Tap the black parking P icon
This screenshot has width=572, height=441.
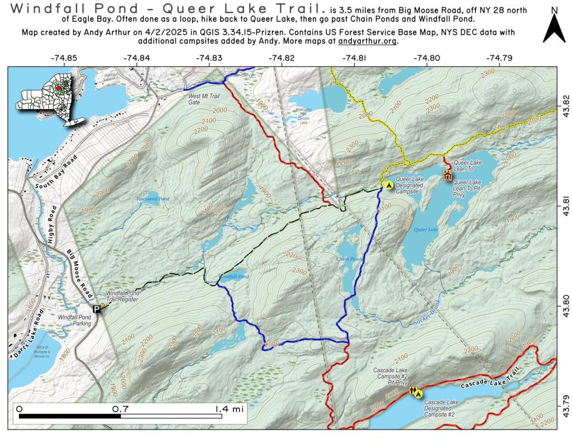97,309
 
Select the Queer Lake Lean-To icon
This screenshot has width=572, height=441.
447,175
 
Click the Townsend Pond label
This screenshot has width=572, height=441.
145,199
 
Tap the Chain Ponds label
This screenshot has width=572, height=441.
350,259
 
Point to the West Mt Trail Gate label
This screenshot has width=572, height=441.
201,99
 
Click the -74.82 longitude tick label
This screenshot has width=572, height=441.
281,58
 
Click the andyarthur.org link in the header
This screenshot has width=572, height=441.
368,41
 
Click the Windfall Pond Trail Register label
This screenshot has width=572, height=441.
122,296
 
